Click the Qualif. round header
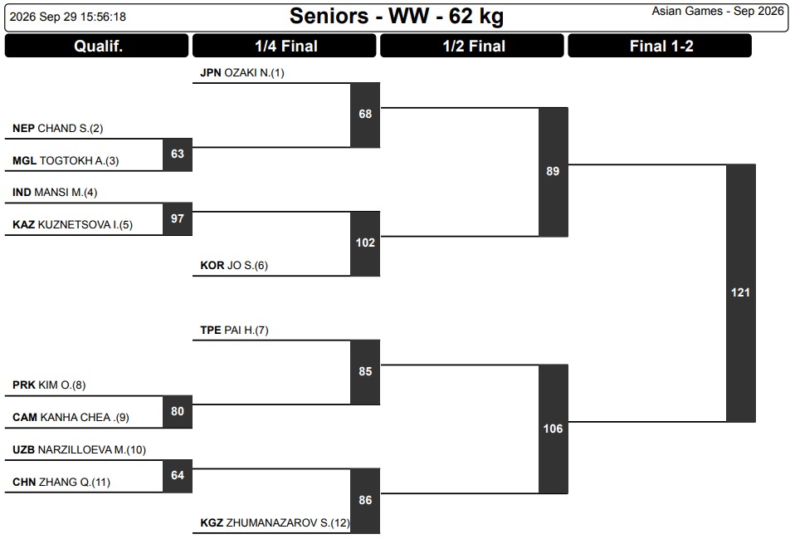click(x=97, y=46)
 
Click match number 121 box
click(x=740, y=293)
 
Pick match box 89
click(x=553, y=172)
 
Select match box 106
click(x=553, y=429)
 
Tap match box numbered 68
click(x=365, y=115)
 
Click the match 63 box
click(x=178, y=154)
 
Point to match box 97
click(x=178, y=218)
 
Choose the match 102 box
click(x=365, y=243)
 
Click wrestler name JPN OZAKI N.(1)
click(x=242, y=72)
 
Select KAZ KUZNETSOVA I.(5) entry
click(x=72, y=224)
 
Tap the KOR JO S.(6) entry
click(x=234, y=265)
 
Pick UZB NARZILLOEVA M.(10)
click(x=79, y=449)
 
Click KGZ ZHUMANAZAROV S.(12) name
click(x=275, y=523)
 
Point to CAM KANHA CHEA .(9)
click(x=71, y=418)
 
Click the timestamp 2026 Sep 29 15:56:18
click(x=68, y=17)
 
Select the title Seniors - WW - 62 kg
click(x=397, y=16)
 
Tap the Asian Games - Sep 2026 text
click(x=718, y=11)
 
